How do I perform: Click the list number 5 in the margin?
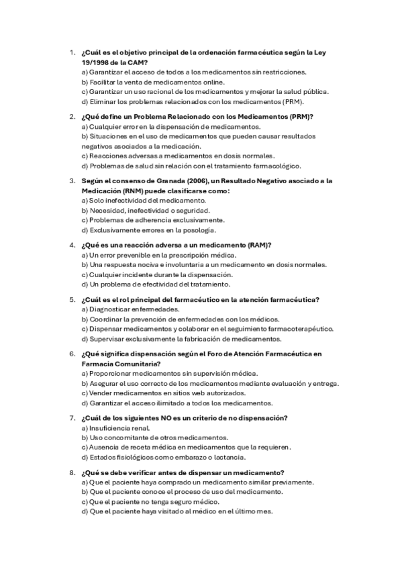(72, 299)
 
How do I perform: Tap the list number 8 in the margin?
(72, 472)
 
